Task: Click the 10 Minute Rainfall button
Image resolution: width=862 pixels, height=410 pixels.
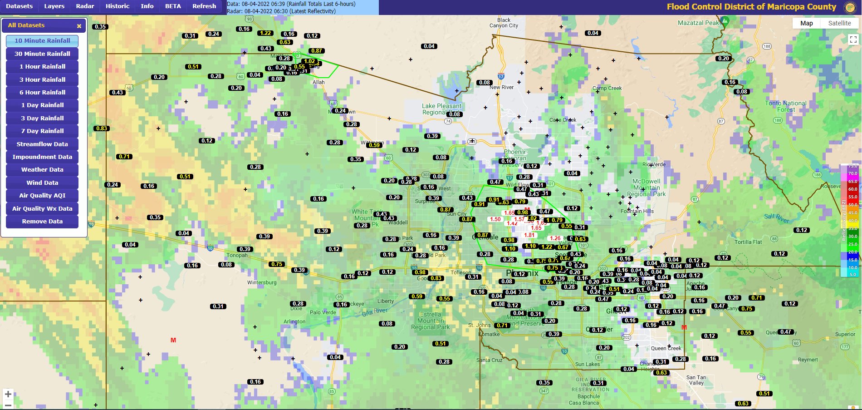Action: point(42,41)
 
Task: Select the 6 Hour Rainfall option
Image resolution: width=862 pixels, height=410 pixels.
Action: point(42,92)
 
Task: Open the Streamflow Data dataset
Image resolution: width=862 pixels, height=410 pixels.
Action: point(42,144)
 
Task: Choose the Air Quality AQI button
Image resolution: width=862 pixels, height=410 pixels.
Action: point(42,195)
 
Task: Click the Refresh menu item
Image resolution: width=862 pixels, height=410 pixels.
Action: point(204,6)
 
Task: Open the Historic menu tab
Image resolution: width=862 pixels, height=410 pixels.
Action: point(118,6)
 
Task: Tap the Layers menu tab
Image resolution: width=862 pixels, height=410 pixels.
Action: point(54,6)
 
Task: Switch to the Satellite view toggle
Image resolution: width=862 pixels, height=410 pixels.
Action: point(839,23)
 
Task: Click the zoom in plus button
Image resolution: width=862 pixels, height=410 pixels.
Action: point(8,394)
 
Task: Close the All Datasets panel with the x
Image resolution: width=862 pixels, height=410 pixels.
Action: point(79,26)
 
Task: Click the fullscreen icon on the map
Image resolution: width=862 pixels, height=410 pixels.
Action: point(853,40)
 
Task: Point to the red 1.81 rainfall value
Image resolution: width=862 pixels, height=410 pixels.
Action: point(529,235)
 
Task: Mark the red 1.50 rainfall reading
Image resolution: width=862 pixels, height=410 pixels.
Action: point(495,219)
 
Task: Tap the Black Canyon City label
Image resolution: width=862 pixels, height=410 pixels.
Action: point(504,23)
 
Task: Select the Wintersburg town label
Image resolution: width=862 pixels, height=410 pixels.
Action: point(262,282)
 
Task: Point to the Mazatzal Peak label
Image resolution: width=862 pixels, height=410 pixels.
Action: point(698,23)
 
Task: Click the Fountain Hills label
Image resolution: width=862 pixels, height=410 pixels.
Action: point(637,211)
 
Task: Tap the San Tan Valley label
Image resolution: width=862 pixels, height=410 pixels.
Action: point(696,380)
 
